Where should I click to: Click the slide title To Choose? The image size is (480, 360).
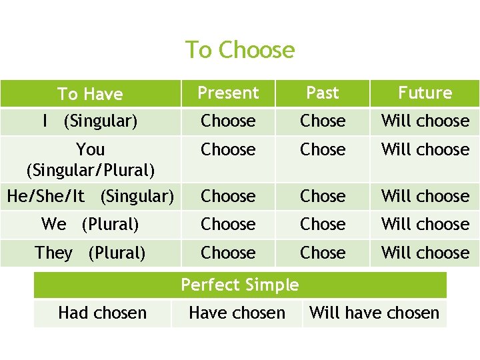[x=239, y=50]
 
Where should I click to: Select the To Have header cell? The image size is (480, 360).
[x=90, y=94]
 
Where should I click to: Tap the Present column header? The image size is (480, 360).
[x=228, y=93]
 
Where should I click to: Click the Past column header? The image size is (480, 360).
[x=323, y=93]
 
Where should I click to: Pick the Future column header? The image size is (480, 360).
[x=425, y=93]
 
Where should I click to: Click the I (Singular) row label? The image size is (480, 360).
[x=90, y=121]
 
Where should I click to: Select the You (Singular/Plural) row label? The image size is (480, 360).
[x=90, y=159]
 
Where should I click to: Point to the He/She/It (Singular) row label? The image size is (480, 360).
[x=90, y=196]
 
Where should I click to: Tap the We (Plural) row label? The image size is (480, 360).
[x=90, y=225]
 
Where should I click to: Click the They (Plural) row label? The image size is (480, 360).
[x=90, y=253]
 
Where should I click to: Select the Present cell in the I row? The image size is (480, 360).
[x=228, y=121]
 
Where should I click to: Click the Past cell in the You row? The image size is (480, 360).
[x=323, y=150]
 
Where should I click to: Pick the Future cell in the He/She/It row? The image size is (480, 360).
[x=425, y=196]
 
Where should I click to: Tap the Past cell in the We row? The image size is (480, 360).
[x=323, y=225]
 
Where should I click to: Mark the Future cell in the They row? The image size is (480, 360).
[x=425, y=253]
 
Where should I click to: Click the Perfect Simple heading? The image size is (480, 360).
[x=240, y=285]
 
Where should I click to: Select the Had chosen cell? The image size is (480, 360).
[x=102, y=313]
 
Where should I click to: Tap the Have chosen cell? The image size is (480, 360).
[x=237, y=313]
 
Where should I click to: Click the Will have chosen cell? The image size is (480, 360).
[x=374, y=313]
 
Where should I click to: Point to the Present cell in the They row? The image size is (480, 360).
[x=228, y=253]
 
